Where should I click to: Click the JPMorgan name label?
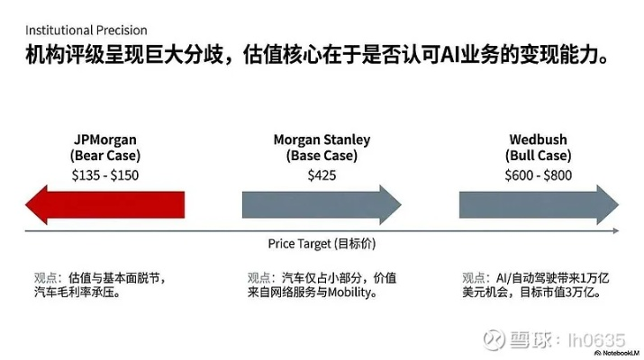[105, 140]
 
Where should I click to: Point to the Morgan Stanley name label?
[322, 140]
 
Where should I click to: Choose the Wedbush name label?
[539, 140]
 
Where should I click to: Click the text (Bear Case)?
[105, 157]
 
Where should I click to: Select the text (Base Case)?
[322, 157]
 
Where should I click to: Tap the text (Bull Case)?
[539, 157]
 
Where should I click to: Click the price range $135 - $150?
[105, 175]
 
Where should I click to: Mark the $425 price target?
[322, 175]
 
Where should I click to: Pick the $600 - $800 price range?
[539, 175]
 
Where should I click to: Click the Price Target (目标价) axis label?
[322, 244]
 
